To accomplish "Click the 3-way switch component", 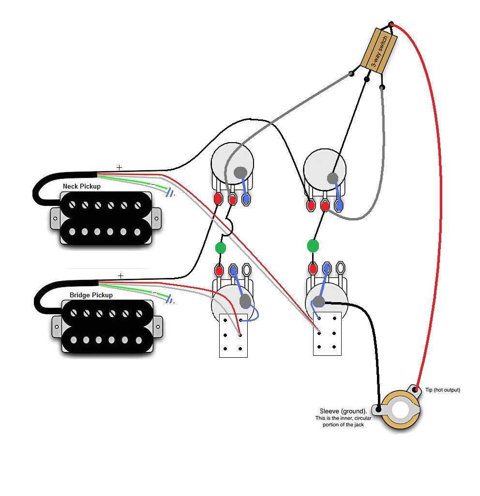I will [x=379, y=50].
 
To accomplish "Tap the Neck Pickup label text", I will [x=82, y=186].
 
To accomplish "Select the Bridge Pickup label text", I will [x=91, y=295].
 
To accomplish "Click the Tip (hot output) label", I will [x=442, y=390].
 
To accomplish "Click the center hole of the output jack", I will [x=401, y=411].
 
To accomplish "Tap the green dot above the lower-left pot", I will [x=220, y=248].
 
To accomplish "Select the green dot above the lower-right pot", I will [x=313, y=246].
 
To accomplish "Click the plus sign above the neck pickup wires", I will [x=119, y=167].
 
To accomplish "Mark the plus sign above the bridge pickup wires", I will [x=120, y=276].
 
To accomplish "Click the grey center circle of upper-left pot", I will [x=240, y=172].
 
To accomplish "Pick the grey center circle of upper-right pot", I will [x=332, y=178].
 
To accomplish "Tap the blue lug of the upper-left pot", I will [x=246, y=199].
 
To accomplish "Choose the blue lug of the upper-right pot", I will [x=339, y=206].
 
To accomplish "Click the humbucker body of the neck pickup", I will [x=106, y=218].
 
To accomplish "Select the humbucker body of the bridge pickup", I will [x=107, y=326].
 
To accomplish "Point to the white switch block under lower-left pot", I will [x=233, y=336].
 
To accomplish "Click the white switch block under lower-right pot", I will [x=327, y=334].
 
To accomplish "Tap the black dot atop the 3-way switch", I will [x=391, y=24].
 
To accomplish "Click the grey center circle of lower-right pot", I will [x=318, y=302].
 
